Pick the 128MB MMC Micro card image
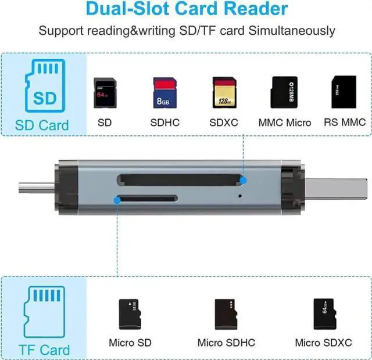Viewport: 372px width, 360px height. point(284,92)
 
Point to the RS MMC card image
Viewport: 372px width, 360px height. point(344,92)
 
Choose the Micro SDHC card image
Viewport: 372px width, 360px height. point(226,314)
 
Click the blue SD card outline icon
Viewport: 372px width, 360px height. point(42,88)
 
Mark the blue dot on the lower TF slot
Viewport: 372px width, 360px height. point(118,199)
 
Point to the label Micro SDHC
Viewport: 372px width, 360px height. point(226,343)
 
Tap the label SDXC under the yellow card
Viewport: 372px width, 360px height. point(223,123)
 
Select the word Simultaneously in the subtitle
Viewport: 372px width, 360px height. point(292,31)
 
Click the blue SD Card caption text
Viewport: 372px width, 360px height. point(42,125)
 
